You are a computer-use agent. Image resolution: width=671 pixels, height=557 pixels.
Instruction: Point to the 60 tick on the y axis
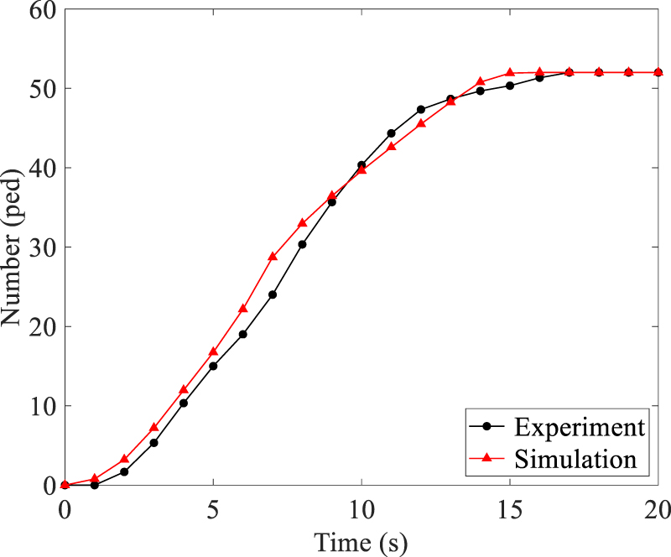click(x=39, y=10)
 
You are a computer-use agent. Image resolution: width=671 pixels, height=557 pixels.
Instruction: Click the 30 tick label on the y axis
click(x=39, y=247)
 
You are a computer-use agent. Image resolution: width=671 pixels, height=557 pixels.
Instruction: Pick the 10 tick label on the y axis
click(x=39, y=406)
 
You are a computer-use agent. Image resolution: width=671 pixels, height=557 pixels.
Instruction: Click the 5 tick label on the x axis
click(x=213, y=508)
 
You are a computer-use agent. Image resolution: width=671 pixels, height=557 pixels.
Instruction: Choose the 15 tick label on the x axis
click(x=510, y=508)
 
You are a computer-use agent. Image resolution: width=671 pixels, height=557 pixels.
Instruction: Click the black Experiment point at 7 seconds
click(x=273, y=294)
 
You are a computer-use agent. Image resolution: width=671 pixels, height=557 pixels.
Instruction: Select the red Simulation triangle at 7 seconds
click(x=273, y=257)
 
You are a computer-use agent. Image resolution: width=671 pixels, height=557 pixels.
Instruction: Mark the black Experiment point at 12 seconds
click(x=421, y=109)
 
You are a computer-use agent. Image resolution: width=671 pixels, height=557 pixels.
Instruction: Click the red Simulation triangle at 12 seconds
click(x=421, y=124)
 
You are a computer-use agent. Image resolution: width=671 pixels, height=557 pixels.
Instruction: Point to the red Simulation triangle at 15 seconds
click(x=510, y=72)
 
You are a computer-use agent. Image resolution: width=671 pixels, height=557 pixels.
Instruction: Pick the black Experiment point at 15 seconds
click(x=510, y=86)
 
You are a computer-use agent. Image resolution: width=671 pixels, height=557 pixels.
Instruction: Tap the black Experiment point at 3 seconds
click(x=153, y=443)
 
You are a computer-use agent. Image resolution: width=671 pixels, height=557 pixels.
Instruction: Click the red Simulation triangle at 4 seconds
click(x=184, y=390)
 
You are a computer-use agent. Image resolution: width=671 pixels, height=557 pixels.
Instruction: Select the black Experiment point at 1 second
click(x=95, y=485)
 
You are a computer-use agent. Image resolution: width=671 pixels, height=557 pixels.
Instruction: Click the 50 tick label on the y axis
click(x=39, y=89)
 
